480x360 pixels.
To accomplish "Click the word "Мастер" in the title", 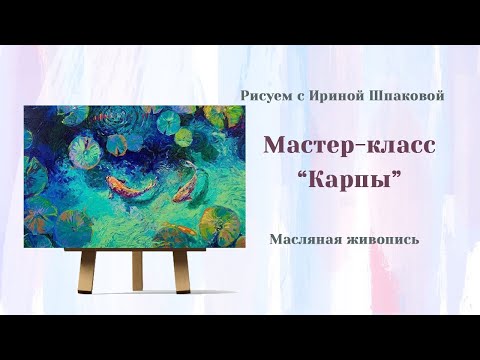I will [304, 146].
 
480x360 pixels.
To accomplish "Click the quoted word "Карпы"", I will [350, 184].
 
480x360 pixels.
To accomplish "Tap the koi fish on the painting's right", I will [182, 188].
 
